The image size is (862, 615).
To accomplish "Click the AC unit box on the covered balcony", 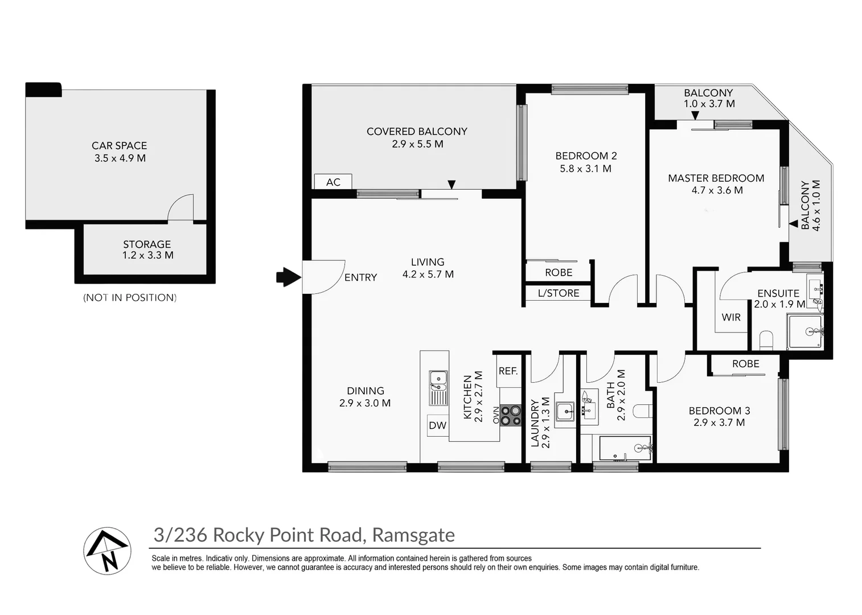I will point(333,182).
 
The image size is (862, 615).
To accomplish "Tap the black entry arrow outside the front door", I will point(288,277).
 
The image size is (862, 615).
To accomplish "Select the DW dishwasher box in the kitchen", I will point(437,425).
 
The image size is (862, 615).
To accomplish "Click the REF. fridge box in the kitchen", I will point(508,371).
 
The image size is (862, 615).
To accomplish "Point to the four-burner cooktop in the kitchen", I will point(511,415).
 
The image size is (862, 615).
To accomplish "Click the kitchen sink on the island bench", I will point(438,387).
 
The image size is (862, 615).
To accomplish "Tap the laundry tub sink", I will point(565,411).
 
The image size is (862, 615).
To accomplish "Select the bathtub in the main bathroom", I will point(624,449).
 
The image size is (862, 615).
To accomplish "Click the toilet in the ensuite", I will point(766,341).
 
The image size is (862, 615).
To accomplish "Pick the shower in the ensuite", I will point(805,331).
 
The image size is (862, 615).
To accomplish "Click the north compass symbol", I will point(108,551).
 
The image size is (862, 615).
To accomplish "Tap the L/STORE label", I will point(559,293).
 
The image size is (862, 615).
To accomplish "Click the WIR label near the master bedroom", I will point(731,317).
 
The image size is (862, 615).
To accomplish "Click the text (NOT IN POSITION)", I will point(130,297).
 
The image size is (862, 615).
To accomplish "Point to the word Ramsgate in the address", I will point(413,535).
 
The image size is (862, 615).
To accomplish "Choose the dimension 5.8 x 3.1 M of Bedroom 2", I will point(585,169).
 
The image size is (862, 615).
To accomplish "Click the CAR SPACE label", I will point(120,146).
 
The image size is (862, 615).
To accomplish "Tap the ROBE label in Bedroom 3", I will point(745,364).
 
